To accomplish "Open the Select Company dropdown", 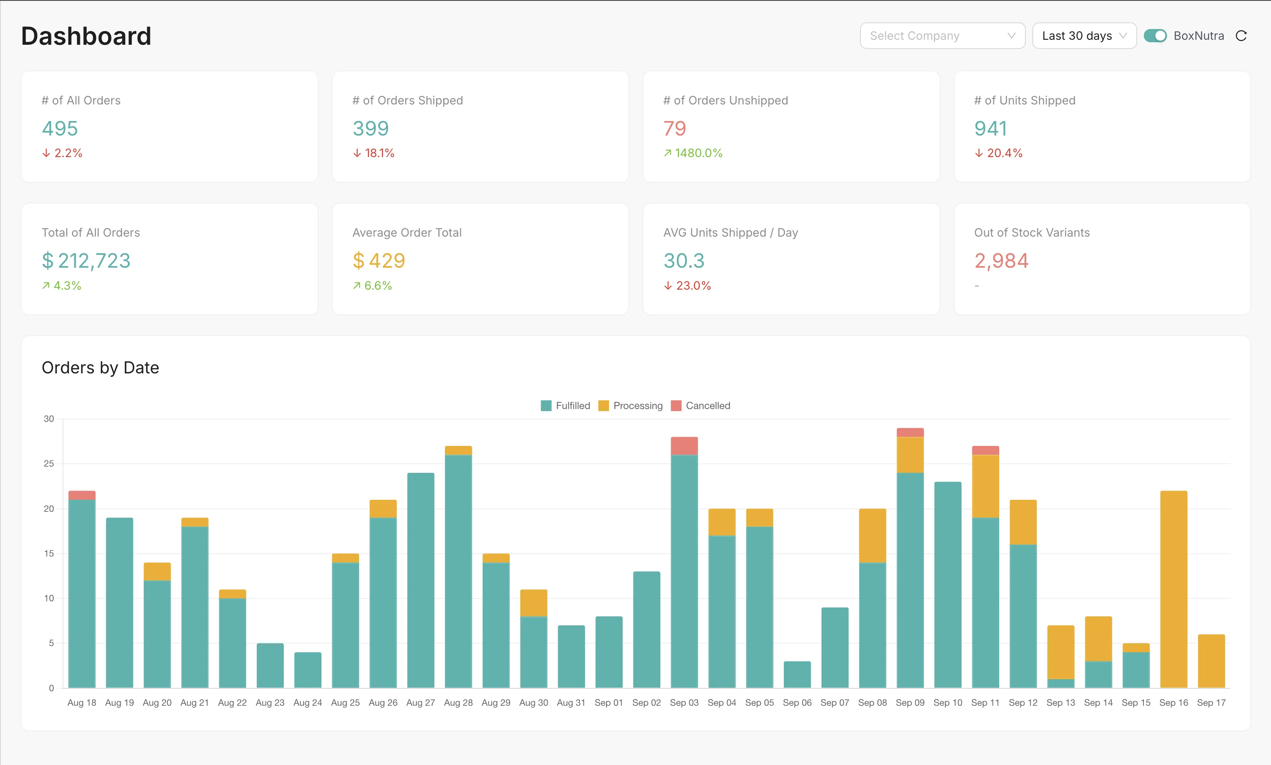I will (x=942, y=36).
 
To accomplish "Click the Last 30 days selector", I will (x=1084, y=36).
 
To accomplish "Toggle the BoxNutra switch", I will (x=1155, y=36).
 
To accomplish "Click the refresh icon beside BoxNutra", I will (x=1241, y=36).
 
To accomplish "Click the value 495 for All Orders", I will (x=60, y=128).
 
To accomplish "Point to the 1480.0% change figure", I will (x=698, y=153).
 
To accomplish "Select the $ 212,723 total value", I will (x=86, y=261).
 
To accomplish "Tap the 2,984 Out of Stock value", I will (x=1001, y=261).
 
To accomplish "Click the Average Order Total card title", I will (x=406, y=232).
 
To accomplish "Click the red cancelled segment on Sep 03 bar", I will (x=684, y=446).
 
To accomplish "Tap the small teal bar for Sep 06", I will (x=797, y=674).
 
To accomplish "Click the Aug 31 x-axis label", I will (x=571, y=702).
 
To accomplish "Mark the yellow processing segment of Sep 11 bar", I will (x=985, y=486).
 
